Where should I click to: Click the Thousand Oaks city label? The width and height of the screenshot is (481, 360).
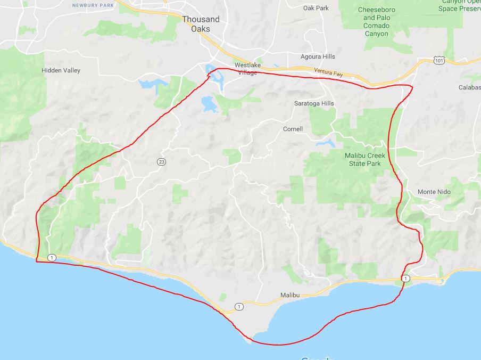201,24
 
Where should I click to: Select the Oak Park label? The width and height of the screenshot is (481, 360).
316,8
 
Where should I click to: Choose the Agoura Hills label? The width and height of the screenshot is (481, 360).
317,56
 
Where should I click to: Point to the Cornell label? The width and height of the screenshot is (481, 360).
293,129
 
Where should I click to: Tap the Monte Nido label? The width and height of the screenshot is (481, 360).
434,192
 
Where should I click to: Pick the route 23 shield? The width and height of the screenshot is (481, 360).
160,162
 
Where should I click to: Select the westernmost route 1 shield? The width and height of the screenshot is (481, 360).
51,258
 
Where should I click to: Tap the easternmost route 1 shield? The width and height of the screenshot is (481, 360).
406,279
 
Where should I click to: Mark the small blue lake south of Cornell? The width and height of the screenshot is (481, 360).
326,143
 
